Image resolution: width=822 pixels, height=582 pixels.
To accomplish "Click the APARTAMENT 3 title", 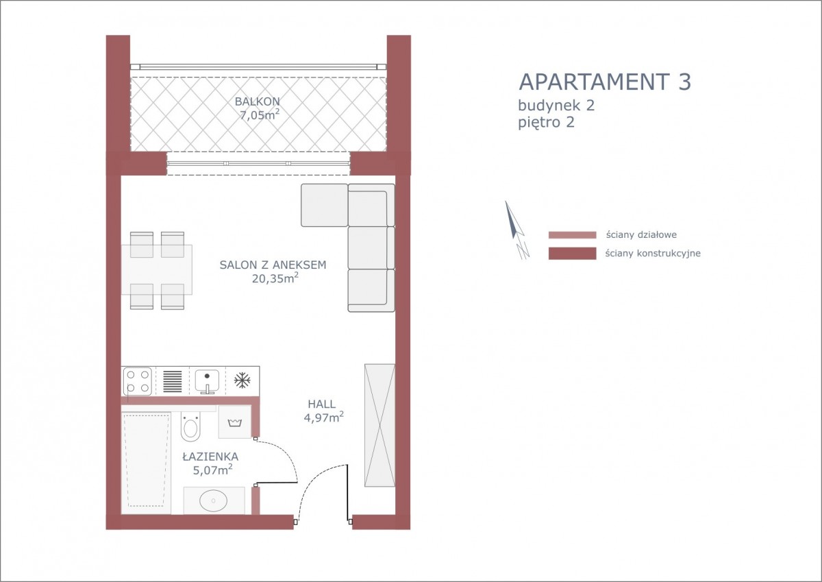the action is [x=605, y=82].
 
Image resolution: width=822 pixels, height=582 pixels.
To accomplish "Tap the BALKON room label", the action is [x=258, y=101].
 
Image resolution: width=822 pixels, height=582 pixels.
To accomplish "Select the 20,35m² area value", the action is [x=275, y=278].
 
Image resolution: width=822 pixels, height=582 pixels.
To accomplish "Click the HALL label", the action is [x=321, y=404].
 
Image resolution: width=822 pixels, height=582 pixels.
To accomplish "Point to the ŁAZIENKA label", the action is [x=211, y=457].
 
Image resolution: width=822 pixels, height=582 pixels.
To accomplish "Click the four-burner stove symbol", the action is [x=138, y=381].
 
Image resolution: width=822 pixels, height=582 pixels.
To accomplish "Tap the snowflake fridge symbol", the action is [x=242, y=380].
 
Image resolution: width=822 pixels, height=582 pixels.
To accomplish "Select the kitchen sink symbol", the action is [x=207, y=381].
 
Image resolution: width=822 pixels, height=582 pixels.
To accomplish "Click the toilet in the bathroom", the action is [x=190, y=426].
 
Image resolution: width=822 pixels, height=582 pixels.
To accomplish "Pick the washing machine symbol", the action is [x=234, y=422].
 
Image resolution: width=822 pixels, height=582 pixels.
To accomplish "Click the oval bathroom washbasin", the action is [x=213, y=500].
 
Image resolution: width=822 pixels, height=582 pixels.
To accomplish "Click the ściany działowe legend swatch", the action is [x=572, y=235].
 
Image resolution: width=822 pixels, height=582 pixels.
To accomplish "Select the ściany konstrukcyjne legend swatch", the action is [x=572, y=254].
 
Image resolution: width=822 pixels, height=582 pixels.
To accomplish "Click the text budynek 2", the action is [x=556, y=106].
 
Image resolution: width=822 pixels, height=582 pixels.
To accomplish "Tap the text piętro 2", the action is [x=546, y=122].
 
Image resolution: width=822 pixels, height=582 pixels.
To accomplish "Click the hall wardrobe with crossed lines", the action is [x=379, y=425].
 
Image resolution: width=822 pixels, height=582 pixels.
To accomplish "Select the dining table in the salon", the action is [x=157, y=270].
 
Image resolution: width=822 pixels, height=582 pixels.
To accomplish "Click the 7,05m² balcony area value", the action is [x=260, y=114].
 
